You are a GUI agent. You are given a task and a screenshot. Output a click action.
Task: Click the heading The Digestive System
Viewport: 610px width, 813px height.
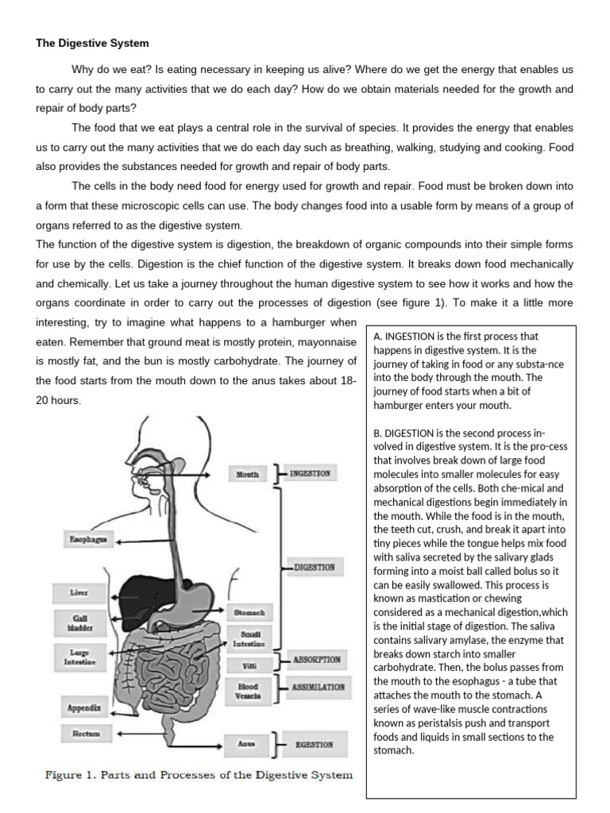point(92,43)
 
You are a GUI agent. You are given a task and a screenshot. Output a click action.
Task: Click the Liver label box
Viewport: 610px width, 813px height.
point(79,592)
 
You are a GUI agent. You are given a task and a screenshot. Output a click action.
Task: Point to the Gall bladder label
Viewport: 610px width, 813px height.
point(79,622)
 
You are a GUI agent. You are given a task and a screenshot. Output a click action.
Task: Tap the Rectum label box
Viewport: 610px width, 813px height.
point(84,734)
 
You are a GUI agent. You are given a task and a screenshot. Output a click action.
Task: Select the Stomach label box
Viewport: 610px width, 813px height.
point(249,612)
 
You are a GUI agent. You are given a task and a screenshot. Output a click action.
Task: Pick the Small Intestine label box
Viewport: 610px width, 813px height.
point(249,638)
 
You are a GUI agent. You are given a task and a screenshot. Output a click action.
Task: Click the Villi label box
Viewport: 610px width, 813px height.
point(249,665)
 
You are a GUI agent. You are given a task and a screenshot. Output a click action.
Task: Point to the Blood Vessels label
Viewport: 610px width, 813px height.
point(249,690)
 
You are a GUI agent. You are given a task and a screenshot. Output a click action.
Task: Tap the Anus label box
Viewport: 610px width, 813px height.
point(247,744)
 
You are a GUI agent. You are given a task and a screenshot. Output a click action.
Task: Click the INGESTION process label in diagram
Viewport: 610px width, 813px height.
point(310,474)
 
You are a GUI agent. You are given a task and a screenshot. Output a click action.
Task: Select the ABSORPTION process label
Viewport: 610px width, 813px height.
point(317,660)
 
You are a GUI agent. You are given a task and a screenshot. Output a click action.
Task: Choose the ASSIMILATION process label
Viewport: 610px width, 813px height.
point(319,687)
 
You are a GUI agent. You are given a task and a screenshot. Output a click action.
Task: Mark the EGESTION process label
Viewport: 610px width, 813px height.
point(314,745)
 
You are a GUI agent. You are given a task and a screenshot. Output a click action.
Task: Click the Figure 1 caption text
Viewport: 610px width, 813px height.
point(198,774)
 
